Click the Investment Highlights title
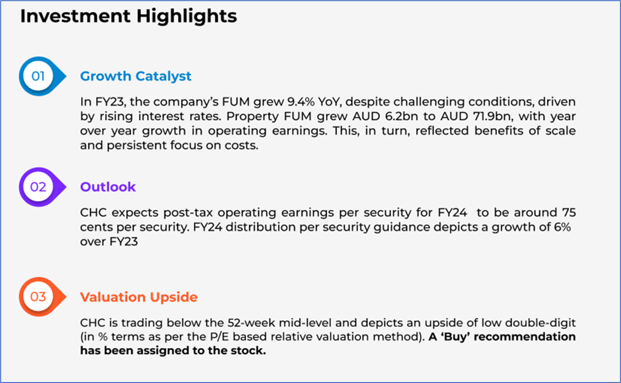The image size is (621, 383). (129, 16)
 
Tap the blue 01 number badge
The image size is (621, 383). (42, 76)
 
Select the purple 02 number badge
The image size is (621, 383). (42, 187)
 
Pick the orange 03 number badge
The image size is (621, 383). (42, 297)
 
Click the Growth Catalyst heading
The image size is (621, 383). (136, 76)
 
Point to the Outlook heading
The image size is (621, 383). (108, 187)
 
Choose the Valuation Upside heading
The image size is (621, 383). (139, 297)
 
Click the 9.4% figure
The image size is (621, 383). (301, 102)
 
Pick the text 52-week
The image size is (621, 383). (251, 323)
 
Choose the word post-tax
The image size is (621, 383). (188, 213)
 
